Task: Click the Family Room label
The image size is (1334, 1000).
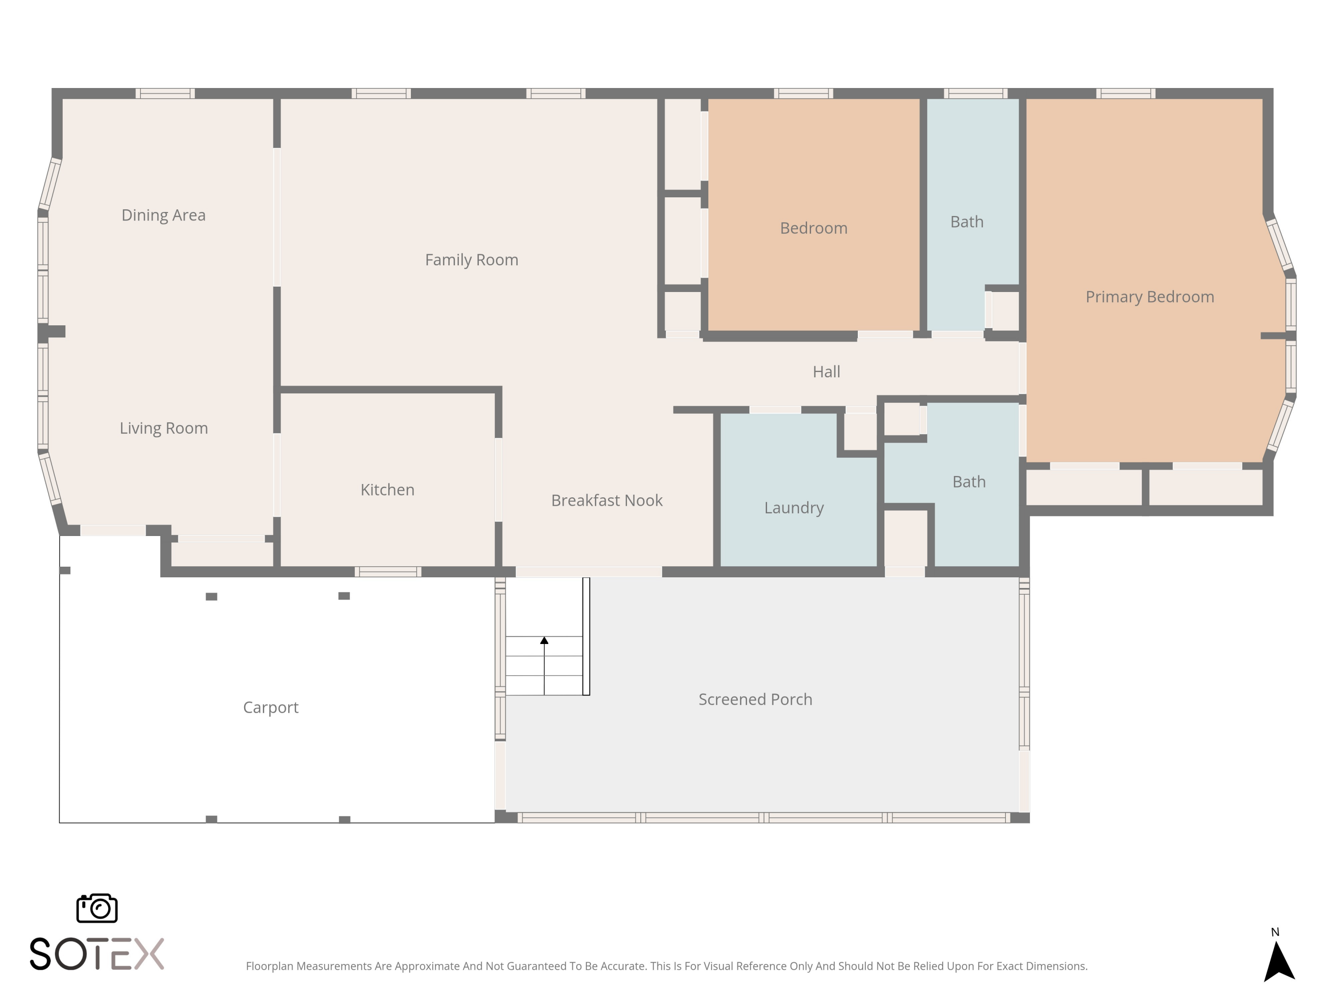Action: [x=472, y=260]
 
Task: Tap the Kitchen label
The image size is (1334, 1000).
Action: [x=387, y=489]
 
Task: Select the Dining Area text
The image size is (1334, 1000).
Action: [x=164, y=215]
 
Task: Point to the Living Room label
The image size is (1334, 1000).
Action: [x=164, y=428]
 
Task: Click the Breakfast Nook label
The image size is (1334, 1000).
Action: [x=607, y=500]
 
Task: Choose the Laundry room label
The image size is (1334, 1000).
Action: [x=794, y=508]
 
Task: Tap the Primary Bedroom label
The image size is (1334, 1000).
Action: [x=1149, y=296]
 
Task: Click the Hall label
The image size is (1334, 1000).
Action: [x=826, y=371]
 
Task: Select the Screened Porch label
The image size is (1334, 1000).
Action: [x=755, y=699]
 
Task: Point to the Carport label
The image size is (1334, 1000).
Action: [x=271, y=708]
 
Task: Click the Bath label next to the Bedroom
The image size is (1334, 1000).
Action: [x=967, y=222]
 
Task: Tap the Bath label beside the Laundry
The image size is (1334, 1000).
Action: [x=969, y=482]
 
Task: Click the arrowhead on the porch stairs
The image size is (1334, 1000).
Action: [x=544, y=640]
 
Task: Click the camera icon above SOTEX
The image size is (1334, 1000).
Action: [x=97, y=908]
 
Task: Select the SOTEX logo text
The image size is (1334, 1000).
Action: [x=97, y=954]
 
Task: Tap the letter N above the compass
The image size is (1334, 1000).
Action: [x=1275, y=932]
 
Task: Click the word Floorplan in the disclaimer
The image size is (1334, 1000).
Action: [x=269, y=966]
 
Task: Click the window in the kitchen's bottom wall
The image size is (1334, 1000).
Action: [x=388, y=572]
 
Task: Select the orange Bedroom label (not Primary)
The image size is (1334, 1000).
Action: [x=814, y=228]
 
